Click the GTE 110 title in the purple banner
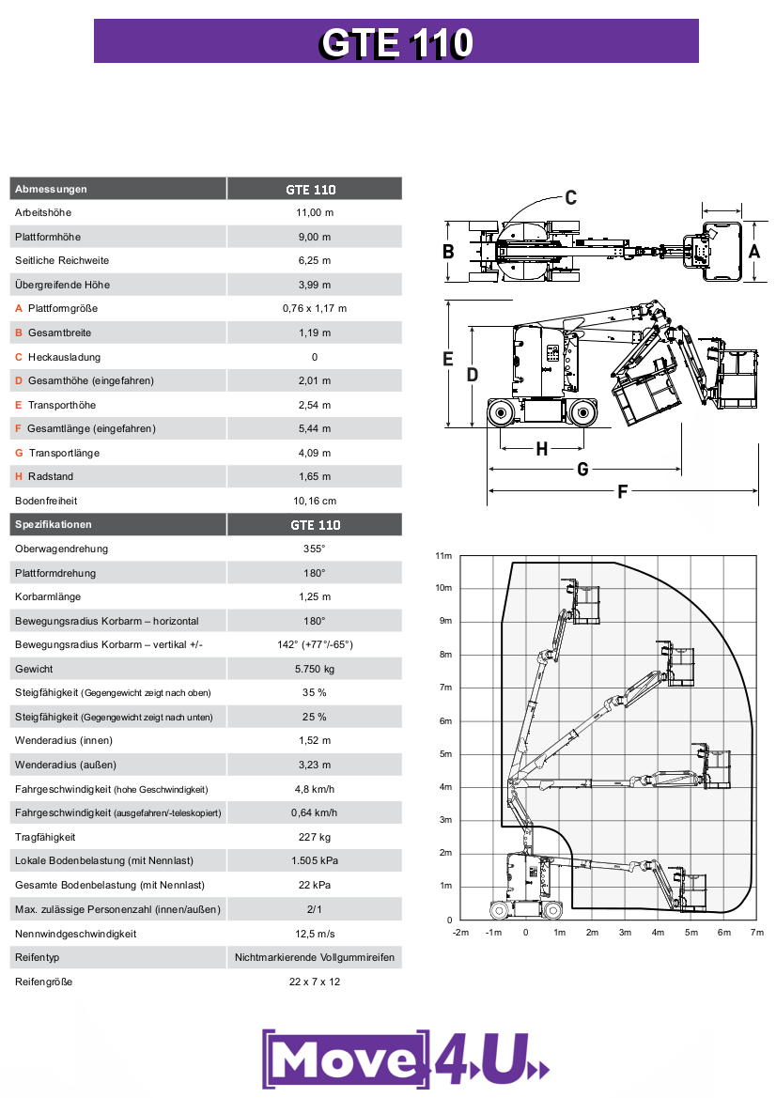pyautogui.click(x=396, y=43)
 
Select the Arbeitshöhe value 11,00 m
pyautogui.click(x=314, y=213)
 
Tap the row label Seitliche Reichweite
pyautogui.click(x=62, y=260)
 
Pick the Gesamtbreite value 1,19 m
pyautogui.click(x=314, y=332)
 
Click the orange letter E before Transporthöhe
pyautogui.click(x=19, y=405)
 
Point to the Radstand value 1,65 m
pyautogui.click(x=314, y=477)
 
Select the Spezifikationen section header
pyautogui.click(x=54, y=524)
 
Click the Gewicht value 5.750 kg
pyautogui.click(x=314, y=669)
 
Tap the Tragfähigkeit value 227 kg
pyautogui.click(x=314, y=837)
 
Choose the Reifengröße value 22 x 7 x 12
pyautogui.click(x=314, y=982)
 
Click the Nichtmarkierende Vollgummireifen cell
pyautogui.click(x=314, y=958)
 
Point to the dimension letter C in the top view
pyautogui.click(x=570, y=197)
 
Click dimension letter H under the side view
pyautogui.click(x=542, y=450)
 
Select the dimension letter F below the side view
pyautogui.click(x=622, y=491)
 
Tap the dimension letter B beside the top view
pyautogui.click(x=449, y=252)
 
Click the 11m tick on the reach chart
pyautogui.click(x=443, y=556)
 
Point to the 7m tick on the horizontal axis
pyautogui.click(x=757, y=933)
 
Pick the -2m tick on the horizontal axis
pyautogui.click(x=460, y=933)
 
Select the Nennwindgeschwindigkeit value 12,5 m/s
pyautogui.click(x=314, y=934)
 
